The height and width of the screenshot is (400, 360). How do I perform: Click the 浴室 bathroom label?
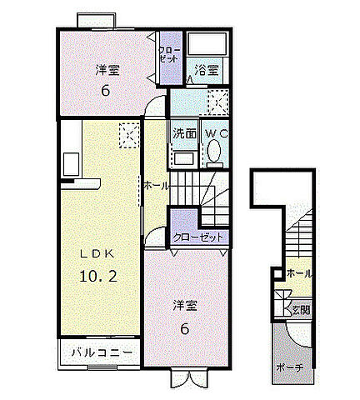coord(207,72)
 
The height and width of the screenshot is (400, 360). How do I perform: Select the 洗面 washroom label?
coord(184,133)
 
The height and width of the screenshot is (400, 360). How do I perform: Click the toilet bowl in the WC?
coord(213,152)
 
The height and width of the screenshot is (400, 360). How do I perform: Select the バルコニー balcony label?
coord(100,353)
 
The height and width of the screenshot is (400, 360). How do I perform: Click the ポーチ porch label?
coord(289,367)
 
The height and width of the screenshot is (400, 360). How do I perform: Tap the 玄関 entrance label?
coord(300,309)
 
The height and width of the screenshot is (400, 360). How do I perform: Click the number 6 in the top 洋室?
coord(105,91)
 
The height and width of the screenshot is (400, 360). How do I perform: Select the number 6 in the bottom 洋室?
coord(184,328)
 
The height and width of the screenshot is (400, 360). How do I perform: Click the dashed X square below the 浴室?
coord(217,102)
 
